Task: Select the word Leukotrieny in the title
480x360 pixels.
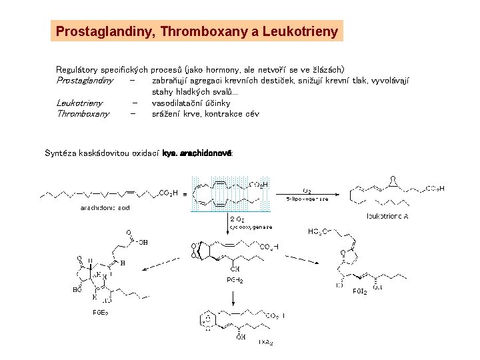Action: [x=301, y=31]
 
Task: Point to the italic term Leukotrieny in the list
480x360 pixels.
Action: [x=79, y=103]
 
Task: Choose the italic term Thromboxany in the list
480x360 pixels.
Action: [x=83, y=113]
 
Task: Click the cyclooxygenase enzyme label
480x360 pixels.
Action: [x=251, y=227]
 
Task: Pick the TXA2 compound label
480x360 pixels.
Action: [x=265, y=342]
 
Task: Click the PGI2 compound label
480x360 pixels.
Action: [x=360, y=291]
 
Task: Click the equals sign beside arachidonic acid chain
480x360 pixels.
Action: [x=185, y=194]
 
